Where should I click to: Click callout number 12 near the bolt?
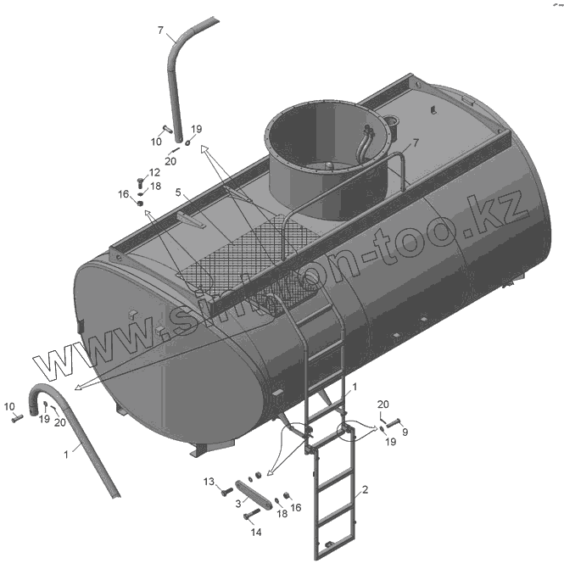click(154, 172)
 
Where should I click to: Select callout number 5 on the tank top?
click(178, 192)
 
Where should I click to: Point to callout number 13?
click(208, 482)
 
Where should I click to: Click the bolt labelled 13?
click(225, 490)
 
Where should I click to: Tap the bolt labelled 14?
click(250, 514)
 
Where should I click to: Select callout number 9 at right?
click(405, 432)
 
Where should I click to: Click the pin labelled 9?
click(393, 422)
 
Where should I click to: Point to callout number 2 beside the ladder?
click(365, 489)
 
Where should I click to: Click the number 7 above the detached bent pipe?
click(159, 31)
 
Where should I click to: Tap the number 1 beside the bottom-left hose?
click(65, 455)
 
